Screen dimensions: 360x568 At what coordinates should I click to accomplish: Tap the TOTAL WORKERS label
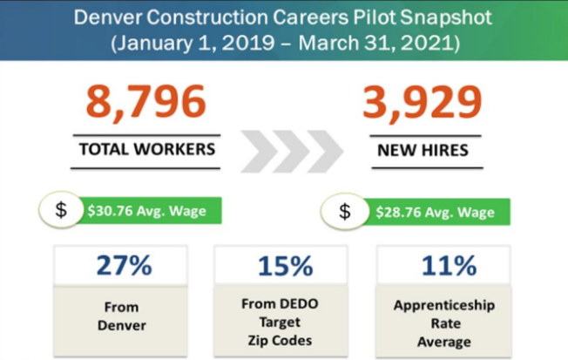pos(146,149)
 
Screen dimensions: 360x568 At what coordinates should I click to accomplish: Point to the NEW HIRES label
pos(422,150)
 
